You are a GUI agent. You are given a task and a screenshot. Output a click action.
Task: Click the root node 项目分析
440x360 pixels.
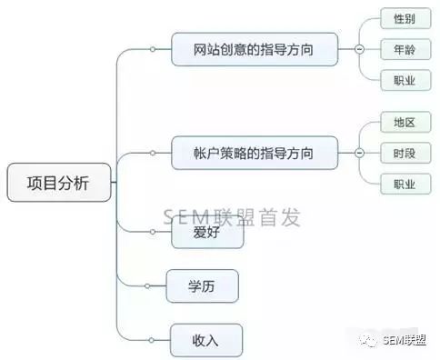[59, 183]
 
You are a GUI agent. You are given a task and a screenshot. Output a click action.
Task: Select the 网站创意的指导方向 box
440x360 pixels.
[255, 49]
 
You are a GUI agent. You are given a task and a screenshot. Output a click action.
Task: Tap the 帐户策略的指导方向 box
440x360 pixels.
[255, 153]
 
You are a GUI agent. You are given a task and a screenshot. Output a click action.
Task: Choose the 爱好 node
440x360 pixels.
[207, 233]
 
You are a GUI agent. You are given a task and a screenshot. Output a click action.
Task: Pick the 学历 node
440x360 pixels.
[203, 286]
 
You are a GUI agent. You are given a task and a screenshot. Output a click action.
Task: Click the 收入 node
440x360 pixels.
[206, 340]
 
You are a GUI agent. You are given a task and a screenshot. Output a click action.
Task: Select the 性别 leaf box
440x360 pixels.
[405, 19]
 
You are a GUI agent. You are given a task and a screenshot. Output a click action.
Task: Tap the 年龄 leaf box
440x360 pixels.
[405, 49]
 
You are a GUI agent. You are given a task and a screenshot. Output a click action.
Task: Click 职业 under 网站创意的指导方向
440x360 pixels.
[405, 80]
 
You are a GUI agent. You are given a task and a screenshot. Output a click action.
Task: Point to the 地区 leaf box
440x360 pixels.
[405, 122]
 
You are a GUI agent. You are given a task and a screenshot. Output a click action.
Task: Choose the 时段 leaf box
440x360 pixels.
[405, 153]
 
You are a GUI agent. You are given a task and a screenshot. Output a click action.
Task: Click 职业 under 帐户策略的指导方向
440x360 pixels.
[405, 184]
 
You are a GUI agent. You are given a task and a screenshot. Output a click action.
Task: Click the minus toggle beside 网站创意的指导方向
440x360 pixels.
[359, 49]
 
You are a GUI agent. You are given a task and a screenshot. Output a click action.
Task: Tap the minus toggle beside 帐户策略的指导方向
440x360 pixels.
[359, 153]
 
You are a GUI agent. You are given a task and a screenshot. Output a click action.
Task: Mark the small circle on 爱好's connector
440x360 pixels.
[153, 232]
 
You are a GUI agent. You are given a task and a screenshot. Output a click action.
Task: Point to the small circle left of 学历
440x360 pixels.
[147, 285]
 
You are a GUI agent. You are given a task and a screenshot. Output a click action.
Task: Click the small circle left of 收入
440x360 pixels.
[152, 340]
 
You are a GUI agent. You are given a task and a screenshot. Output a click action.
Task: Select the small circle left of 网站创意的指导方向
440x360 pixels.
[153, 49]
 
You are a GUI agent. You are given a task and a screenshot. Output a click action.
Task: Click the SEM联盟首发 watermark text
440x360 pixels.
[232, 217]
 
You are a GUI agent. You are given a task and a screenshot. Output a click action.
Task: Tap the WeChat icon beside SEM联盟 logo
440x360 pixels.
[368, 341]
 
